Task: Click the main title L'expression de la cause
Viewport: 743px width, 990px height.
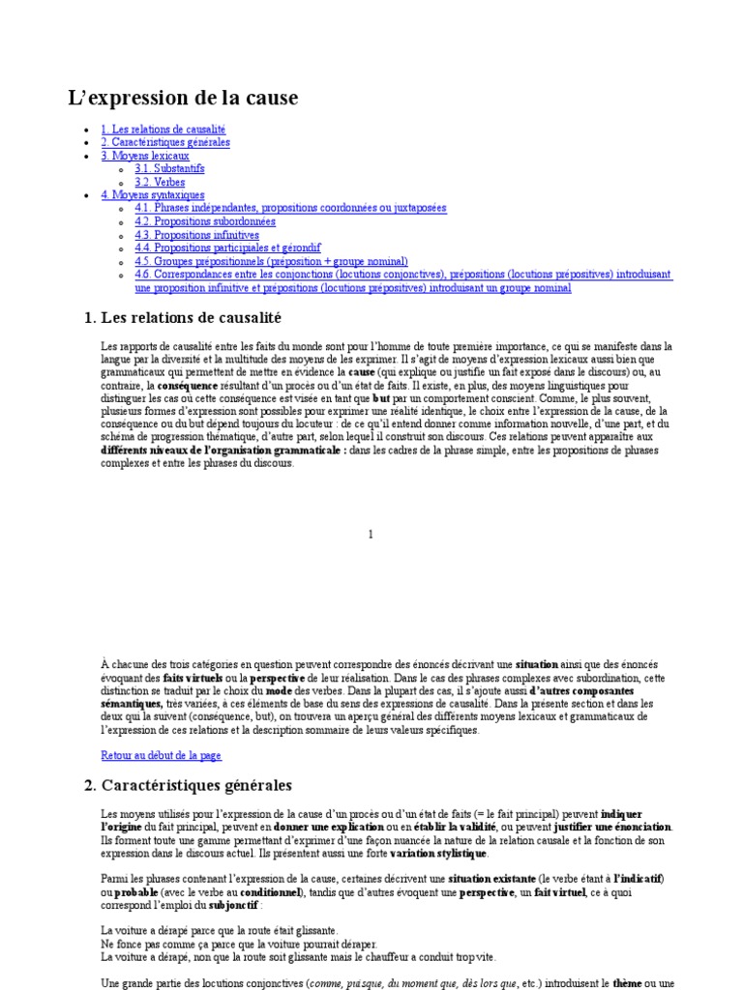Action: [x=183, y=98]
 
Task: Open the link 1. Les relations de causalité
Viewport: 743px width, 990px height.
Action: [x=163, y=129]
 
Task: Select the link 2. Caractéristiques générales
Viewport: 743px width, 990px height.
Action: [x=165, y=142]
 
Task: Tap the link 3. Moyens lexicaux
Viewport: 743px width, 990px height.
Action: [x=145, y=155]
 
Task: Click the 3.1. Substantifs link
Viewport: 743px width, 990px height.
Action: [x=169, y=168]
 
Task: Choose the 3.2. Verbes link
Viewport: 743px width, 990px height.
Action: [x=160, y=182]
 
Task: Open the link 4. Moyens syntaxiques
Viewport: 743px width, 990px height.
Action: [x=153, y=194]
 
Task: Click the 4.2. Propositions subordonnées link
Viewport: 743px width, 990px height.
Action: [x=205, y=221]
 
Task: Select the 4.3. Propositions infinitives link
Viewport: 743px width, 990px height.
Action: [x=197, y=235]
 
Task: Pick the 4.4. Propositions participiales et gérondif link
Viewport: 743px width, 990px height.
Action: [x=228, y=247]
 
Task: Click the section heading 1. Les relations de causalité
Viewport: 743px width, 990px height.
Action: [x=184, y=317]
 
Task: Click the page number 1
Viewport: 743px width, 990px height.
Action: [x=371, y=534]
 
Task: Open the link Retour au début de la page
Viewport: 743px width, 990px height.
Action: [x=162, y=754]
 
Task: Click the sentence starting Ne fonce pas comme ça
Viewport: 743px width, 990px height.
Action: [x=239, y=943]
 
